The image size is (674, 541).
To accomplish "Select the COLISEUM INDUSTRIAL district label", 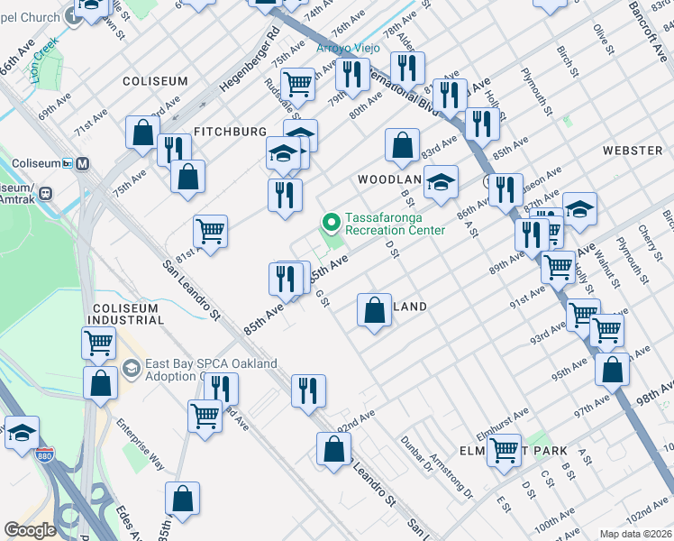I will point(126,314).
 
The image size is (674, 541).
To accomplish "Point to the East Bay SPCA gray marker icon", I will point(132,368).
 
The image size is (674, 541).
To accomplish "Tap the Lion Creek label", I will point(46,54).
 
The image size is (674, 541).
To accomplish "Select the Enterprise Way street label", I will point(144,447).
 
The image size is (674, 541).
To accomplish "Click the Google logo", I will point(30,530).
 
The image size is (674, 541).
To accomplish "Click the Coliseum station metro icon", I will point(82,163).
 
